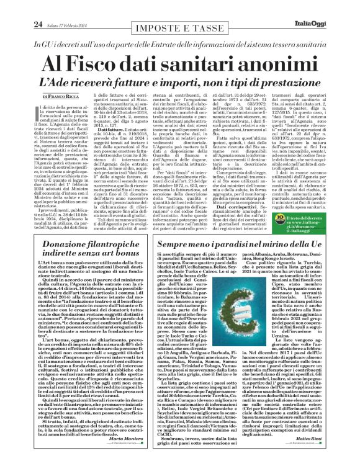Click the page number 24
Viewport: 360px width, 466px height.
pos(20,7)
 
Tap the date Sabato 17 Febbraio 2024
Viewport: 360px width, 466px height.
pos(55,7)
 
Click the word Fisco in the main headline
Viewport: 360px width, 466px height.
pos(120,65)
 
